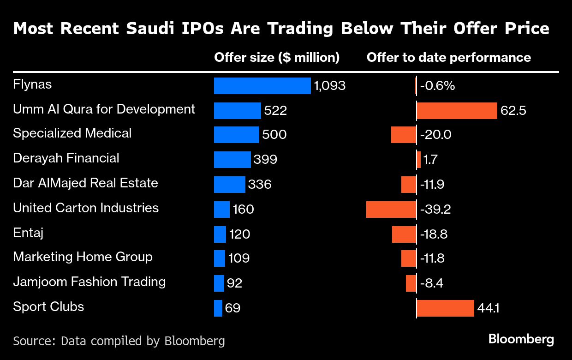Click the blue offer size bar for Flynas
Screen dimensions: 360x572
(262, 86)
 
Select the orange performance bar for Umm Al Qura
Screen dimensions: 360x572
(457, 111)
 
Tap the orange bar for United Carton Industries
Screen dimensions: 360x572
(391, 209)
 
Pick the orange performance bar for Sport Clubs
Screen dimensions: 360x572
(445, 308)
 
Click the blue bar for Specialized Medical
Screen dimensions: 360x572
(236, 135)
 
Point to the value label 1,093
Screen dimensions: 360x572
(329, 86)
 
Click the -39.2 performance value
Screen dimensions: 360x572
(435, 209)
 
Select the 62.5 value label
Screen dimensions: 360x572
(513, 111)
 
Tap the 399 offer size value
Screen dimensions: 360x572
(265, 160)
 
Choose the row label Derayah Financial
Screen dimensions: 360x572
(66, 158)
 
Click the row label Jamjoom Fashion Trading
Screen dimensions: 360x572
(89, 282)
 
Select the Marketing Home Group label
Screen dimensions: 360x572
(83, 257)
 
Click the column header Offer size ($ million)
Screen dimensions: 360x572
(277, 57)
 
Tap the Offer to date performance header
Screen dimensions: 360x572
(448, 57)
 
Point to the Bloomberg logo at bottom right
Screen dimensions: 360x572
(521, 340)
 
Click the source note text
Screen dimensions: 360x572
(119, 341)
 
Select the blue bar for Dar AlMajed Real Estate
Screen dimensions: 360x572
(229, 184)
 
